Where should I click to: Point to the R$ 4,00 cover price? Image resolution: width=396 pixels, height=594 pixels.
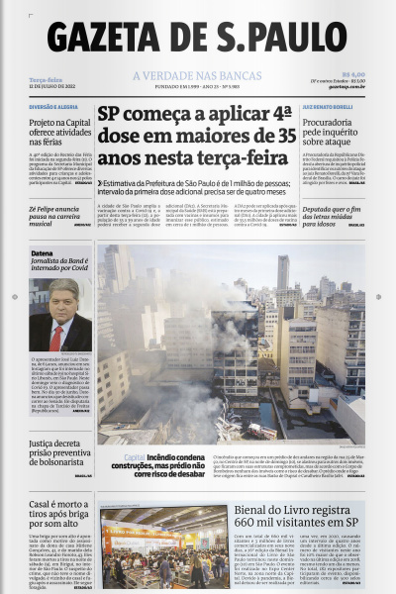(353, 73)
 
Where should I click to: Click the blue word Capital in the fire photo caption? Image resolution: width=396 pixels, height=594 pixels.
(135, 456)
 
